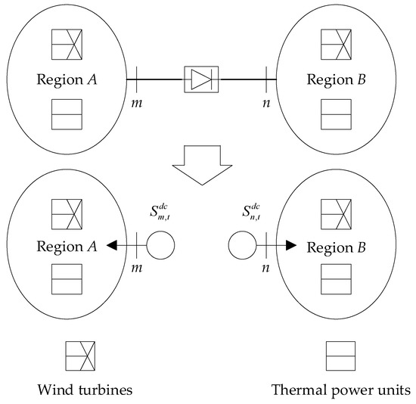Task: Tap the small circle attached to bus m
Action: tap(160, 246)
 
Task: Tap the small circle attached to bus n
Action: tap(242, 246)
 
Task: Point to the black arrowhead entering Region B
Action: tap(291, 246)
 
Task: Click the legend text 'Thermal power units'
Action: tap(341, 390)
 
